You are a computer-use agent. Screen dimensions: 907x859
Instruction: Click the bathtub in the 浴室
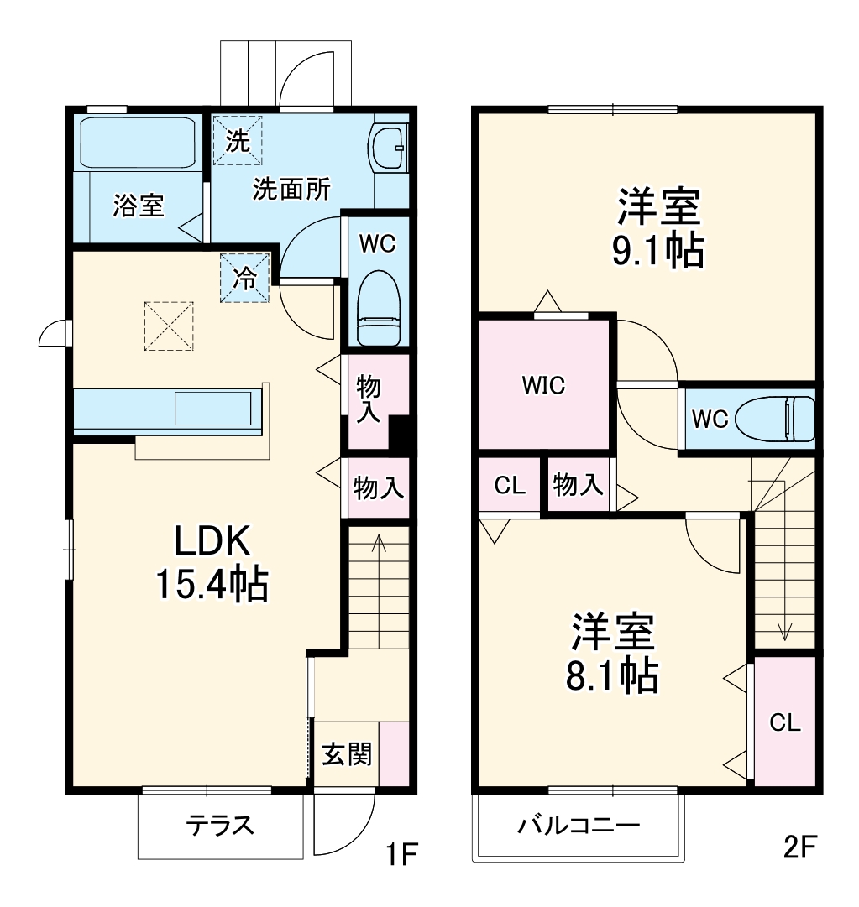[138, 143]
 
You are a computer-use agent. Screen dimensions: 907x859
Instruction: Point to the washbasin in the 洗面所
[389, 146]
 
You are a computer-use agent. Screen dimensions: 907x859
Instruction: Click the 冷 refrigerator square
[244, 278]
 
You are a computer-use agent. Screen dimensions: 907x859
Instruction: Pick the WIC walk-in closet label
[543, 385]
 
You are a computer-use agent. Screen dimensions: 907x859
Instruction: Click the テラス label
[220, 826]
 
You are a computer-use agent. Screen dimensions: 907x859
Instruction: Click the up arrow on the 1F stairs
[378, 545]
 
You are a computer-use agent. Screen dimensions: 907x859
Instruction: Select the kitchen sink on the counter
[212, 409]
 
